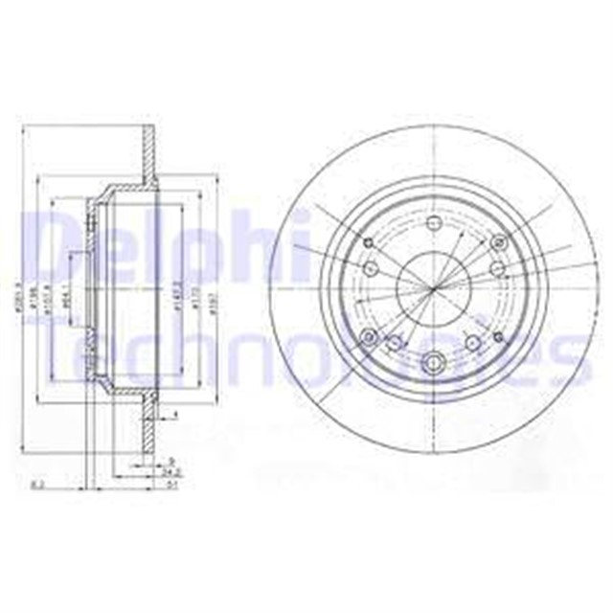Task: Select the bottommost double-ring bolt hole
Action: point(432,362)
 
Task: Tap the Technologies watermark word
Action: point(306,359)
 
